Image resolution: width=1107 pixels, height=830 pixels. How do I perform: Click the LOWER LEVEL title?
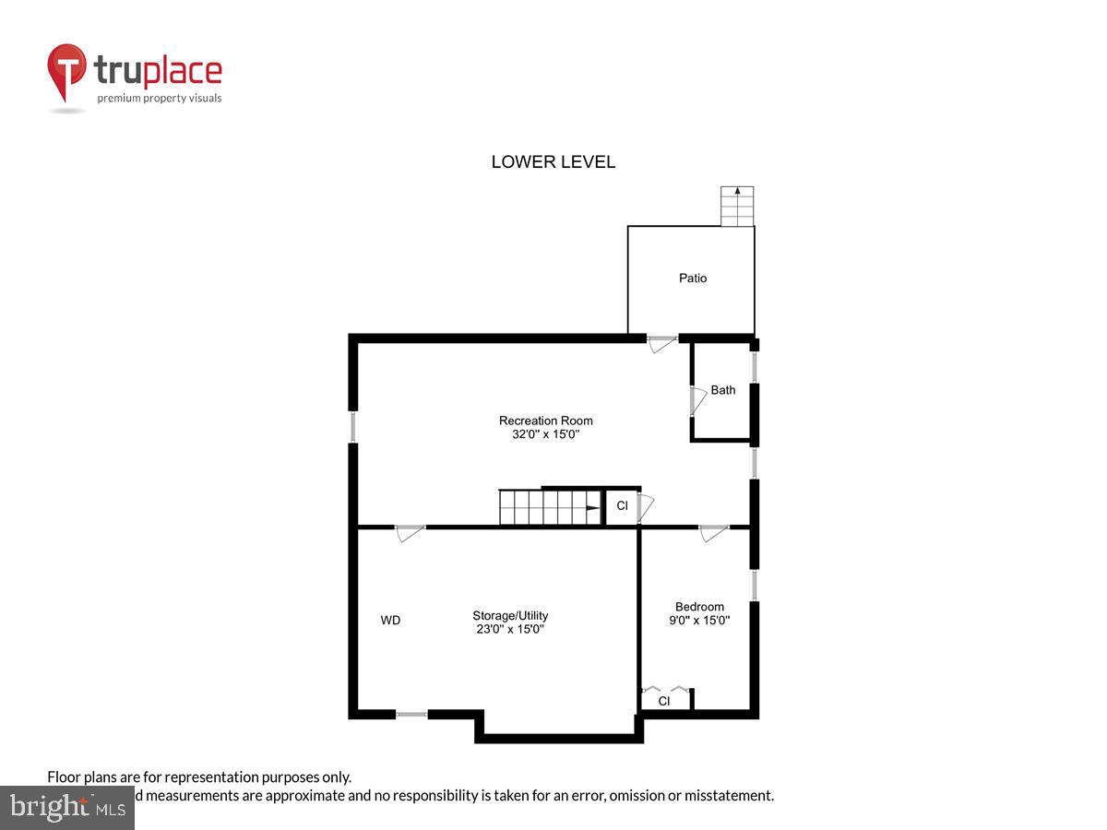(553, 162)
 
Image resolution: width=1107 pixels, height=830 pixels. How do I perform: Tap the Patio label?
(693, 278)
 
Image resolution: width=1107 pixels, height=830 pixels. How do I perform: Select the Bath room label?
(723, 390)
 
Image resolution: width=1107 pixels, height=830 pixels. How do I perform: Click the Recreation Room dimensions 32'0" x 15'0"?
(546, 433)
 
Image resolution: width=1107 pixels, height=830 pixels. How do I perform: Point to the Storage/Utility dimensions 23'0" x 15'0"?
(509, 629)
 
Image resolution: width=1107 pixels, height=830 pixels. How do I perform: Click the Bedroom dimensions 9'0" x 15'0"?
(699, 620)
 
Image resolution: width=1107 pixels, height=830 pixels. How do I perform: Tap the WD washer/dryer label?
(390, 621)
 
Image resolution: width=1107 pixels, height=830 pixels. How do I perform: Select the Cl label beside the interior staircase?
(622, 505)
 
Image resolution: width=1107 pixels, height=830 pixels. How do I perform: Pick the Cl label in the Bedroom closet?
(663, 701)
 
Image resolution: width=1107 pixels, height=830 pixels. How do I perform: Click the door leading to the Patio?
(662, 344)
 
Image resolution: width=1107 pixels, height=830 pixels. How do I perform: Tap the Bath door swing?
(698, 399)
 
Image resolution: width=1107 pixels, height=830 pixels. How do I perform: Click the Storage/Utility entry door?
(411, 532)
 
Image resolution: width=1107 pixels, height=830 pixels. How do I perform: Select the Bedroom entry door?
(713, 532)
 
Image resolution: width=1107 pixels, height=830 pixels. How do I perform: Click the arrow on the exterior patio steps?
(737, 192)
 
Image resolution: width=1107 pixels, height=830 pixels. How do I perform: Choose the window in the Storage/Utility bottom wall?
(411, 714)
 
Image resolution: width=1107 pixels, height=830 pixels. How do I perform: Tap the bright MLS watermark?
(67, 808)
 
